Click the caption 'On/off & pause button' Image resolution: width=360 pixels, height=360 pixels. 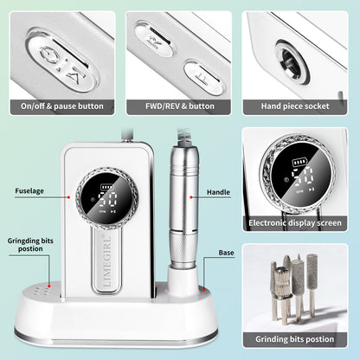click(x=62, y=106)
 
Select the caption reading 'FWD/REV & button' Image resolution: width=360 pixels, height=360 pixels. click(x=179, y=106)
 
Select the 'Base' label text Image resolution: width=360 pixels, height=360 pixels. click(x=227, y=254)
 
